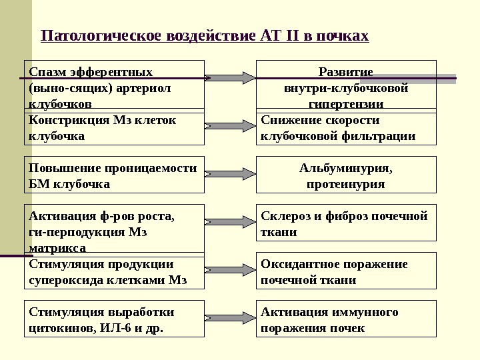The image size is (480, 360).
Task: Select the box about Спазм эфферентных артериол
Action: click(114, 84)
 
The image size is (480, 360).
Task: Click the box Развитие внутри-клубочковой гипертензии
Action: click(346, 84)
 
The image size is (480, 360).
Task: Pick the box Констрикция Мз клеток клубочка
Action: click(114, 128)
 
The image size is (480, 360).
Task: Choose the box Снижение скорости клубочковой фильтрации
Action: click(346, 128)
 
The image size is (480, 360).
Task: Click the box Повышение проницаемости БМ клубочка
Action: click(114, 175)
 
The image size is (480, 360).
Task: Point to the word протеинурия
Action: click(345, 183)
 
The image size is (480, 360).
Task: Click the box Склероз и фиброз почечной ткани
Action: click(346, 223)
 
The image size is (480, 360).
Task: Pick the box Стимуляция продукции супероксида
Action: click(114, 272)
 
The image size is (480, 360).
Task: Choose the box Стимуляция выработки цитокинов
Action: click(114, 319)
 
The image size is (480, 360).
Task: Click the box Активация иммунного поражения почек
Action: click(346, 319)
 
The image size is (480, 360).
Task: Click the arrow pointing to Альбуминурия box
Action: click(217, 174)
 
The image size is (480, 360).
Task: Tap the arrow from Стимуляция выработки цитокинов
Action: click(217, 318)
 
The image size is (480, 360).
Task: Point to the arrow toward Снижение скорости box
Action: click(217, 125)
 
